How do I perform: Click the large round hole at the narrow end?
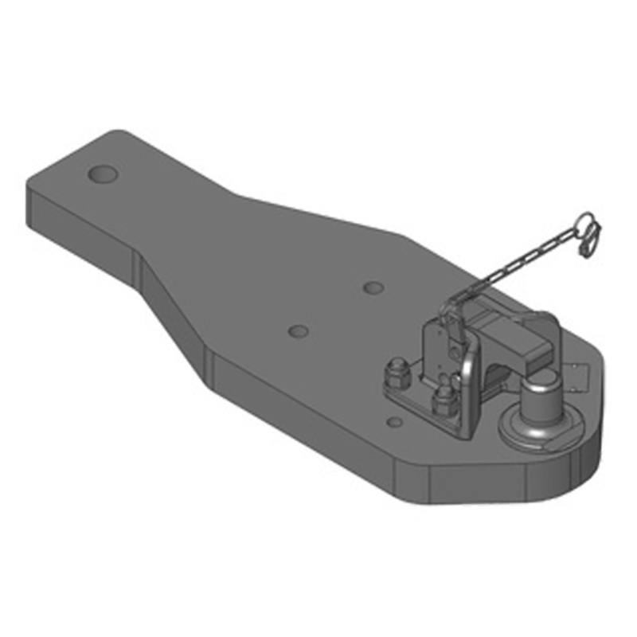pyautogui.click(x=104, y=174)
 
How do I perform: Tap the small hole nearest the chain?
pyautogui.click(x=372, y=287)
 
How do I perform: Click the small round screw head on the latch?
pyautogui.click(x=458, y=348)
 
